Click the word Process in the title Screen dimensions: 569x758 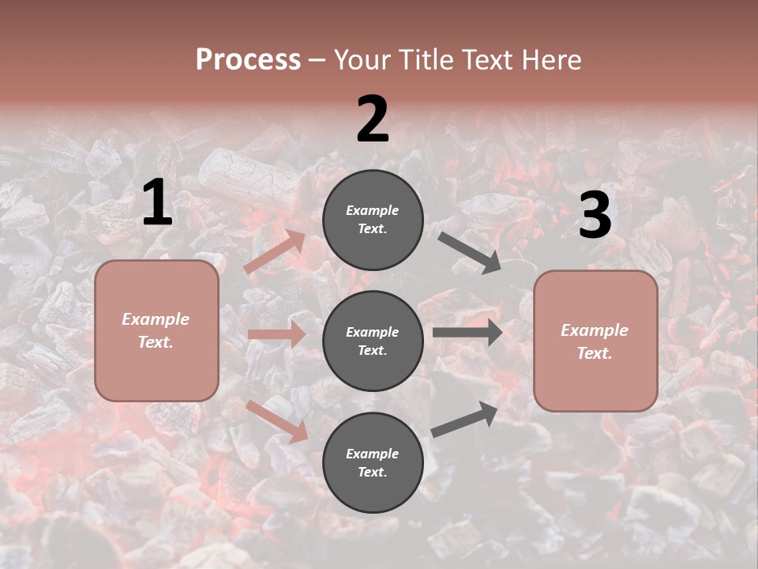coord(248,59)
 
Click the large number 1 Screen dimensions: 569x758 coord(157,203)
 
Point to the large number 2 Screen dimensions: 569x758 coord(373,119)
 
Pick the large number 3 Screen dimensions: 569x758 coord(595,216)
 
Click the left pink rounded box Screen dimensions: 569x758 coord(156,330)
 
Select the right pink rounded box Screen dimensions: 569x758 coord(595,341)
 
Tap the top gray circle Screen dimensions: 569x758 coord(373,220)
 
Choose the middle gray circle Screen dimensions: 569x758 coord(373,341)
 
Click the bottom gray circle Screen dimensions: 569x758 coord(373,462)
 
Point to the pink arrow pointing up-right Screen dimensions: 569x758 coord(275,252)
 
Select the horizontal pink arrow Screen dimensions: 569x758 coord(276,334)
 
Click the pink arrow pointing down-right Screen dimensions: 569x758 coord(276,420)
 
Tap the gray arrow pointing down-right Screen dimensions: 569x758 coord(470,252)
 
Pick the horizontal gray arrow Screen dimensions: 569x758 coord(467,333)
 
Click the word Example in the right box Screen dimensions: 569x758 coord(595,330)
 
